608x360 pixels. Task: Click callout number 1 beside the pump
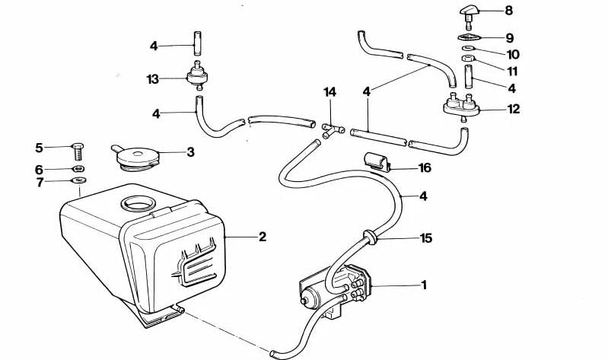pos(425,285)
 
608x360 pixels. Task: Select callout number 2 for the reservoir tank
pos(262,237)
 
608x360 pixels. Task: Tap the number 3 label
pos(190,152)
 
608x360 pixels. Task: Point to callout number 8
pos(509,11)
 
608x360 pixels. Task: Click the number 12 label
pos(514,109)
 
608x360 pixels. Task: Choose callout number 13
pos(153,78)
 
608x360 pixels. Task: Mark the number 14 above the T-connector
pos(329,92)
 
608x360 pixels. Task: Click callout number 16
pos(425,167)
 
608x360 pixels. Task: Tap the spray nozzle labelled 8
pos(469,11)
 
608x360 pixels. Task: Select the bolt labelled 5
pos(76,146)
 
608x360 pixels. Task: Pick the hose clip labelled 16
pos(376,162)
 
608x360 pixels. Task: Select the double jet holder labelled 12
pos(463,107)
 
